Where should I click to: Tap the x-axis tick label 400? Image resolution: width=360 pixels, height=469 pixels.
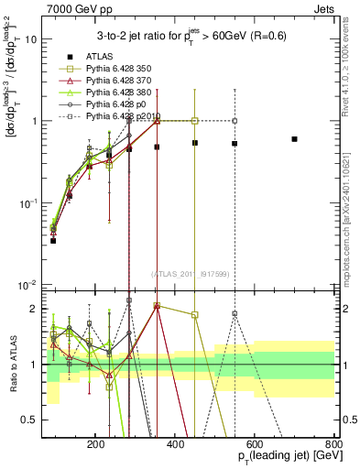tap(176, 442)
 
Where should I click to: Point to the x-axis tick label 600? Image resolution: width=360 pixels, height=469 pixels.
tap(255, 442)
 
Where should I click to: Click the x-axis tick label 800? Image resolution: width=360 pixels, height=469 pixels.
tap(333, 442)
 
